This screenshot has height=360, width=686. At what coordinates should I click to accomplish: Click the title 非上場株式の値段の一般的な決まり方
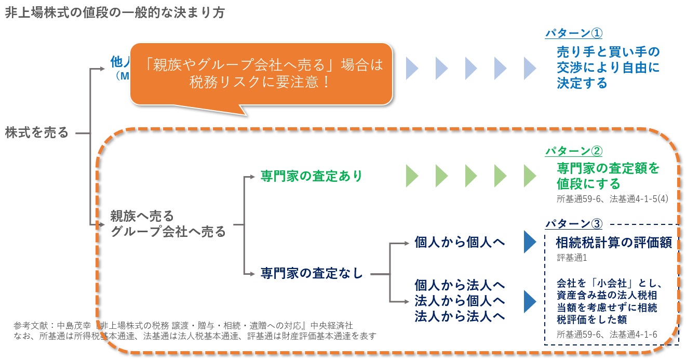point(115,13)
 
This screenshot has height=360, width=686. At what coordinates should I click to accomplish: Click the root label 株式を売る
point(37,133)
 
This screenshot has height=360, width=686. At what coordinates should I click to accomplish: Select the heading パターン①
point(573,33)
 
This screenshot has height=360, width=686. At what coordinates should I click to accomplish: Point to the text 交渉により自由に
point(608,68)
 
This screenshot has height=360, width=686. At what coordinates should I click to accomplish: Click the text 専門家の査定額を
point(608,168)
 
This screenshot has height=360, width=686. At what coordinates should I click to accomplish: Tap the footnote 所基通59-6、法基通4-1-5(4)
point(604,198)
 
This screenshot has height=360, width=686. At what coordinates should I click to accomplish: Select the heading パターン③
point(573,224)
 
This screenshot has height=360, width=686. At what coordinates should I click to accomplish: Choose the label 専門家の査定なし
point(312,273)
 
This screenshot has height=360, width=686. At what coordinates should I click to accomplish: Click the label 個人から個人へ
point(460,242)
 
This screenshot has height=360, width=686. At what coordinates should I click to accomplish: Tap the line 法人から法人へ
point(460,316)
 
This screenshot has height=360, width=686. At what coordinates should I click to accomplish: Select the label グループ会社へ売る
point(168,231)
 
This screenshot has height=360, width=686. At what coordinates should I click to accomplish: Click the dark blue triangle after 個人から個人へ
point(529,242)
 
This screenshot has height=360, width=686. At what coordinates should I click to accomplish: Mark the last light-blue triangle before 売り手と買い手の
point(530,67)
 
